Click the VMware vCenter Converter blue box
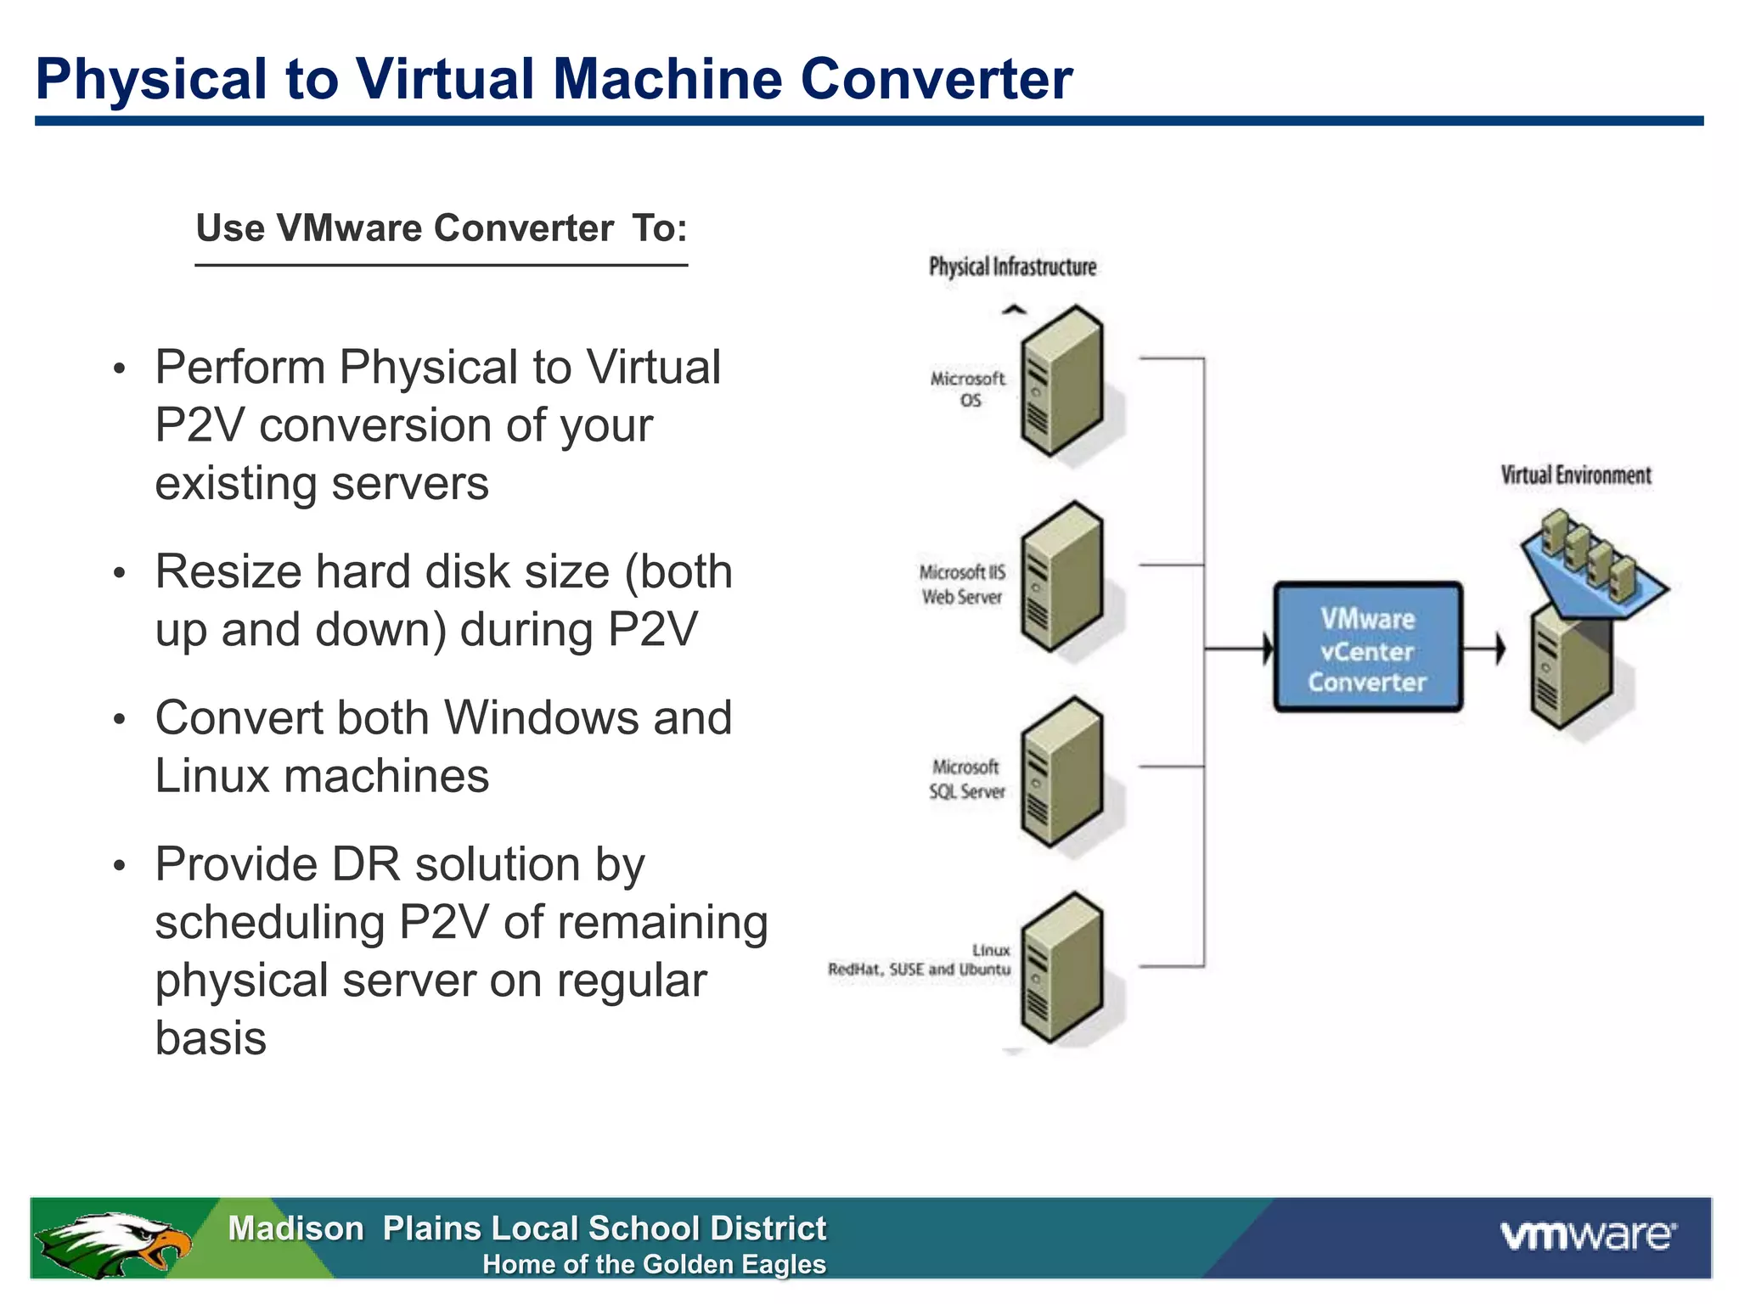1367,648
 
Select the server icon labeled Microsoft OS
1061,381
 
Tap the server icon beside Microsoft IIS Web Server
1061,577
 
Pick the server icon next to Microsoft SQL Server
1061,773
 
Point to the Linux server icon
1061,968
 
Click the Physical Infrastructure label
1012,267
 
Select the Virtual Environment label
1575,475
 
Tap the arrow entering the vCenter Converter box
1265,649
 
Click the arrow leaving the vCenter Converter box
1499,649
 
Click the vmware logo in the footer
1588,1235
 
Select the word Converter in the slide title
936,79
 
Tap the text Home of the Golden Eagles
654,1264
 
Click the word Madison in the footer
295,1228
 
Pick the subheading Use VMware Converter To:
442,228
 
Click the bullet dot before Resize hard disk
120,574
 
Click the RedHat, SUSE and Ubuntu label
919,970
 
